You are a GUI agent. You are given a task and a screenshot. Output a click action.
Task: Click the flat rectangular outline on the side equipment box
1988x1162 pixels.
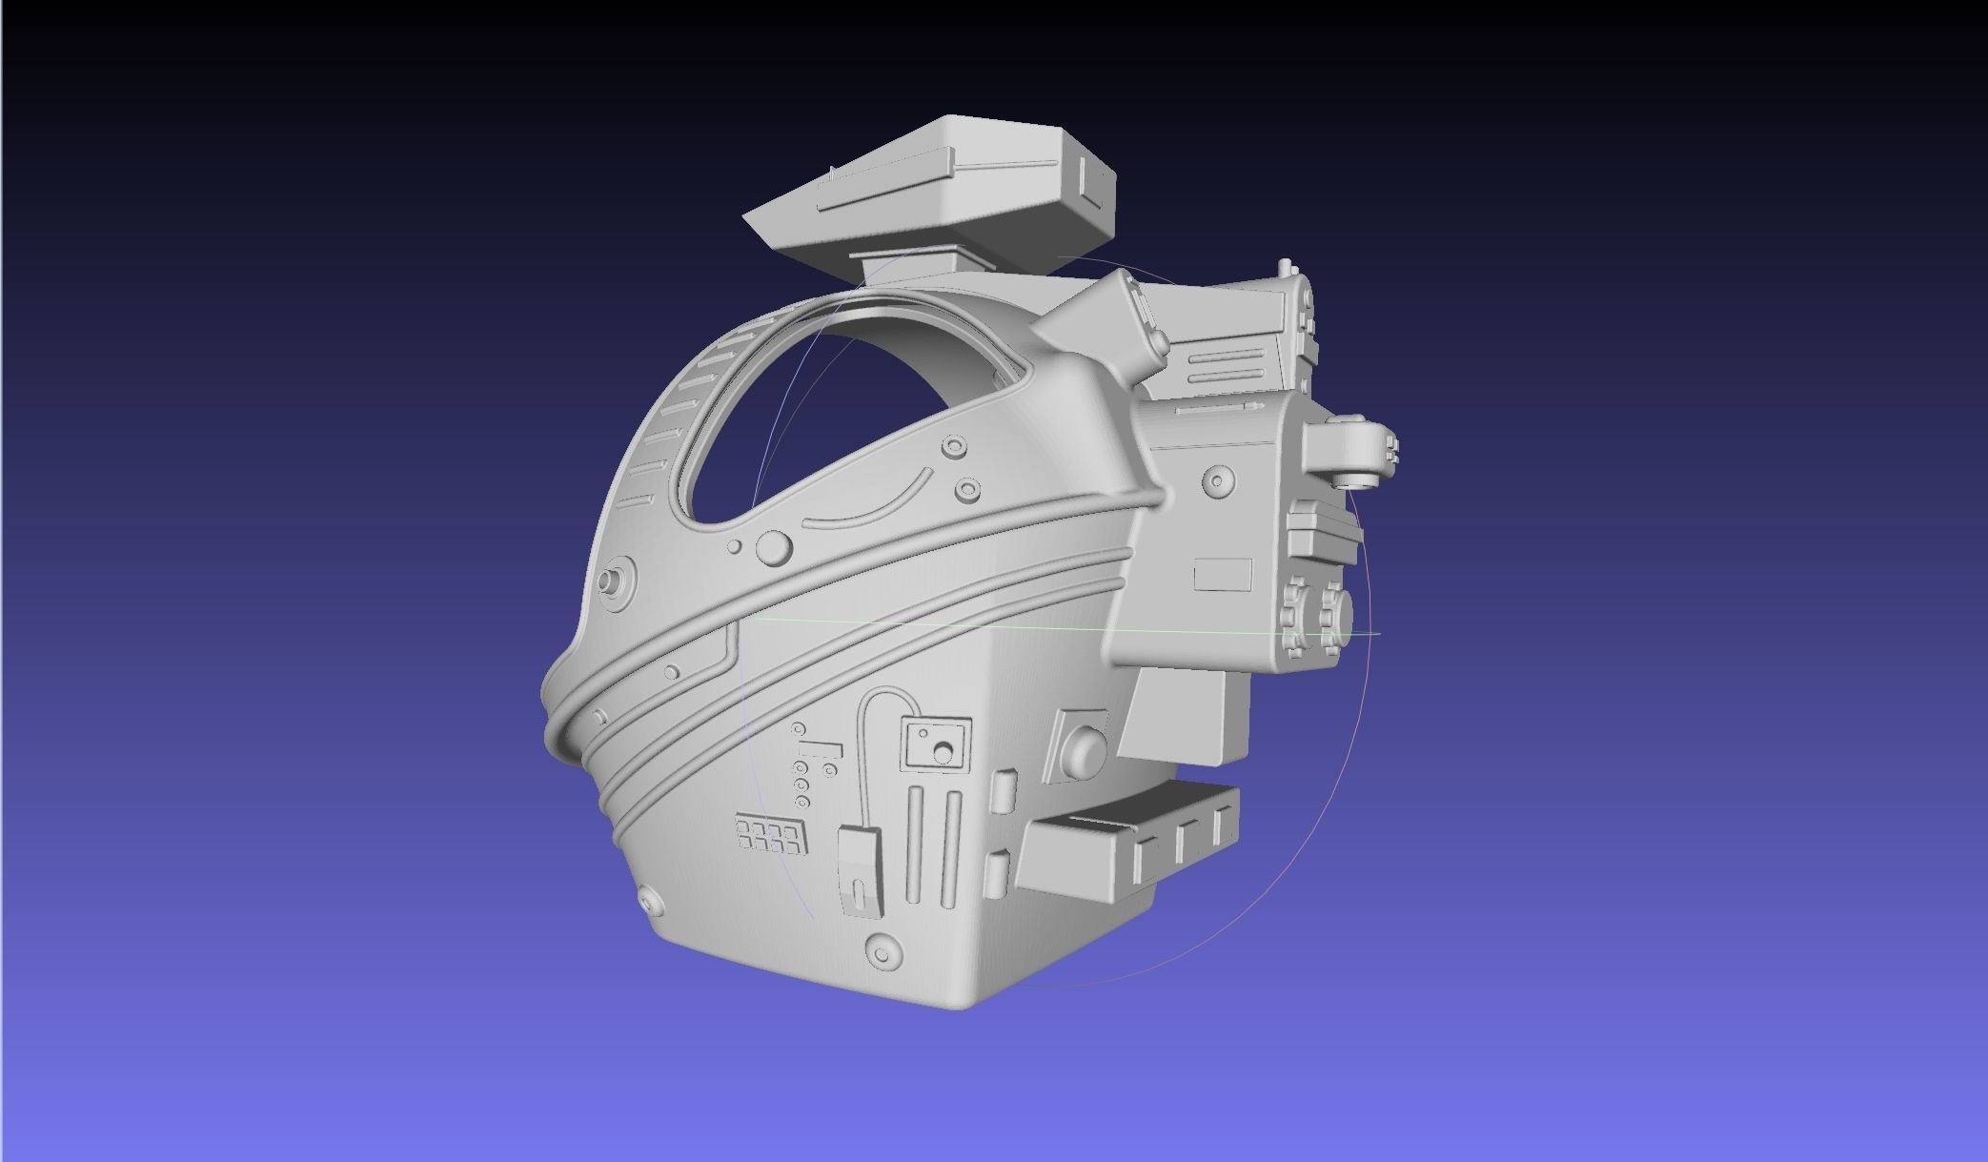pos(1223,575)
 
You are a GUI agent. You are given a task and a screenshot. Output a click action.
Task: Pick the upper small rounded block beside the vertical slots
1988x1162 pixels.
pos(1002,790)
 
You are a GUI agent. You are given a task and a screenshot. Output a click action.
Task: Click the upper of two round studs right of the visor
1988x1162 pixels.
pos(951,446)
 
